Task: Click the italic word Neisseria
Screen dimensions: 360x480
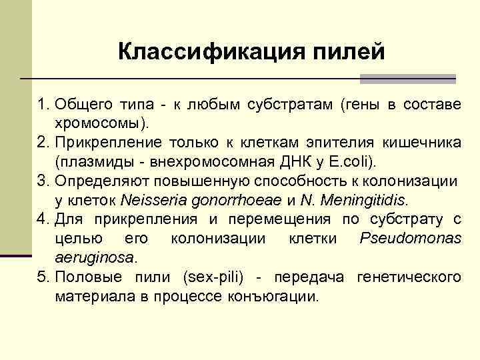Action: (151, 200)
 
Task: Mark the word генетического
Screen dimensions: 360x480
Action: (409, 276)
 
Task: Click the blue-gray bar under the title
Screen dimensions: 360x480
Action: (407, 79)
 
